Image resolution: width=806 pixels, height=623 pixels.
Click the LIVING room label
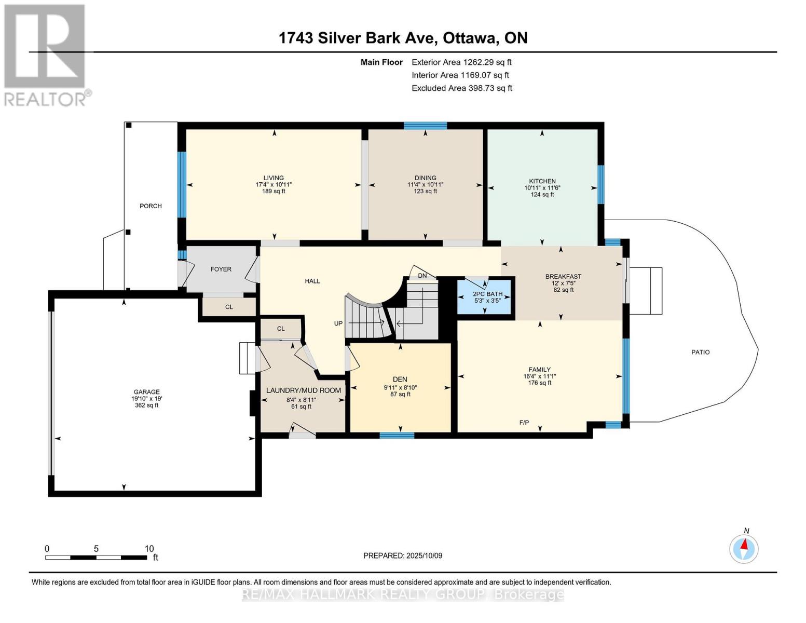coord(274,178)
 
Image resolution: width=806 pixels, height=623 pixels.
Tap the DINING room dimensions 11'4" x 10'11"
coord(425,184)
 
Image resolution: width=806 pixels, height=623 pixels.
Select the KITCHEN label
coord(542,181)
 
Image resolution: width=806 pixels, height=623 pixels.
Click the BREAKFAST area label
coord(563,276)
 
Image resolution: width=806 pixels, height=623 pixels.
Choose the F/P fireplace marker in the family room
coord(524,423)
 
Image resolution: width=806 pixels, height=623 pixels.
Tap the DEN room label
coord(400,380)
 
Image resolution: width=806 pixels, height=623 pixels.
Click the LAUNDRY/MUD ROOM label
coord(303,390)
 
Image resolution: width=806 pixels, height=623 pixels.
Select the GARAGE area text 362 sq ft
coord(146,405)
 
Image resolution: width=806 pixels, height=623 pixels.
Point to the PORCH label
coord(151,206)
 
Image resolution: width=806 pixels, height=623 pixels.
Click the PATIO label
coord(700,352)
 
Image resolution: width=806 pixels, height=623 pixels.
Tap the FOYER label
coord(221,269)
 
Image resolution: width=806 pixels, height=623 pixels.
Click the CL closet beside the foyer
coord(229,307)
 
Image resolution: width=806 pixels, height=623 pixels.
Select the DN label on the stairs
coord(422,276)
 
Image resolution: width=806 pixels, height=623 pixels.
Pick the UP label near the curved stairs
coord(338,323)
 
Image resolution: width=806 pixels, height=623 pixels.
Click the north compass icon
coord(744,548)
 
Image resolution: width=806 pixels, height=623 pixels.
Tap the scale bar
coord(96,558)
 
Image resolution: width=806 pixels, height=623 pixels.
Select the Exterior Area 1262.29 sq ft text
coord(461,62)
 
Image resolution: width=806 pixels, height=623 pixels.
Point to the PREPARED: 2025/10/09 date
coord(403,556)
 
